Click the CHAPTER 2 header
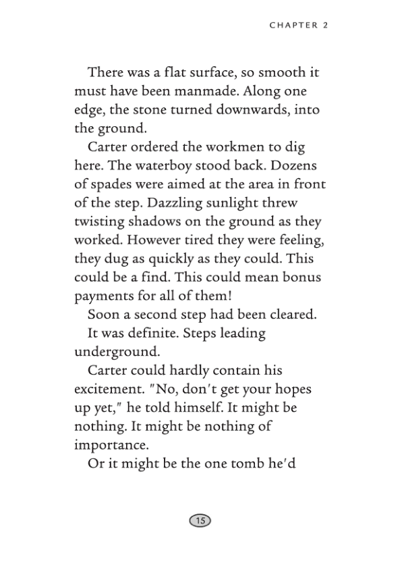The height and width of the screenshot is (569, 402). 298,26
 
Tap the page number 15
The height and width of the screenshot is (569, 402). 200,520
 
